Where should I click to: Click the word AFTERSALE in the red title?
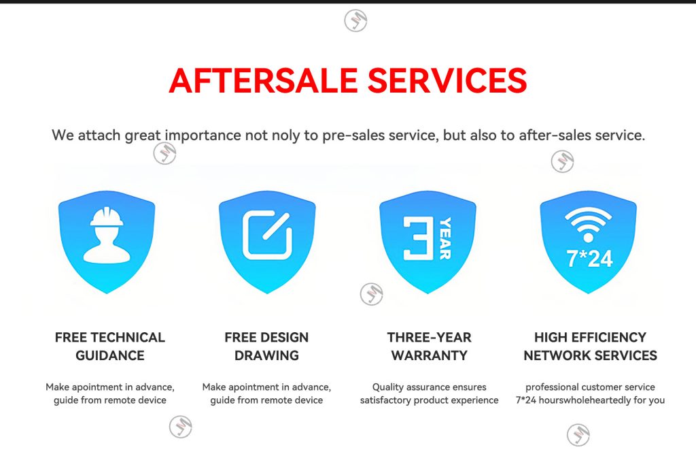(x=263, y=80)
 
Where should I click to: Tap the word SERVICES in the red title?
(x=447, y=80)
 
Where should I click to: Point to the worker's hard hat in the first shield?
(x=107, y=216)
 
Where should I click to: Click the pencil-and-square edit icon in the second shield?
(x=267, y=236)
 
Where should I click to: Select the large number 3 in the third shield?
(x=418, y=238)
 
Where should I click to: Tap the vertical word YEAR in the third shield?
(x=445, y=238)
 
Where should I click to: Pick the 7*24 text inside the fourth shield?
(x=589, y=259)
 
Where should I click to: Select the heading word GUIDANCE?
(x=110, y=355)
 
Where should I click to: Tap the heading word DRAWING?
(x=266, y=355)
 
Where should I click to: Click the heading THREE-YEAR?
(x=430, y=338)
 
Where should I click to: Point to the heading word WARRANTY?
(x=430, y=355)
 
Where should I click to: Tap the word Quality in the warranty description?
(x=388, y=387)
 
